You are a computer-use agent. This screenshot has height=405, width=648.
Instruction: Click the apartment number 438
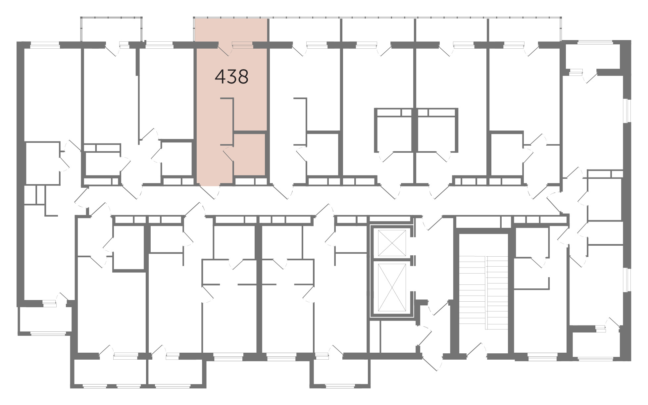tap(231, 77)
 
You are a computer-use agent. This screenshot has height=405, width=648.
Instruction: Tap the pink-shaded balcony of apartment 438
tap(231, 30)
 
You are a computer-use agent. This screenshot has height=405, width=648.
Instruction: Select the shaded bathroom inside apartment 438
tap(249, 154)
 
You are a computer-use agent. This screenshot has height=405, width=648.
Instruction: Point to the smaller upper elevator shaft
tap(392, 243)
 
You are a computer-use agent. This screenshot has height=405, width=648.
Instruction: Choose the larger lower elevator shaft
tap(392, 287)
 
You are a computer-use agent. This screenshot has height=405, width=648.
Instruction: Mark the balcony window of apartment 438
tap(242, 44)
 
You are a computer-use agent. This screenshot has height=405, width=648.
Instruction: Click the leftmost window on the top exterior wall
tap(45, 43)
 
